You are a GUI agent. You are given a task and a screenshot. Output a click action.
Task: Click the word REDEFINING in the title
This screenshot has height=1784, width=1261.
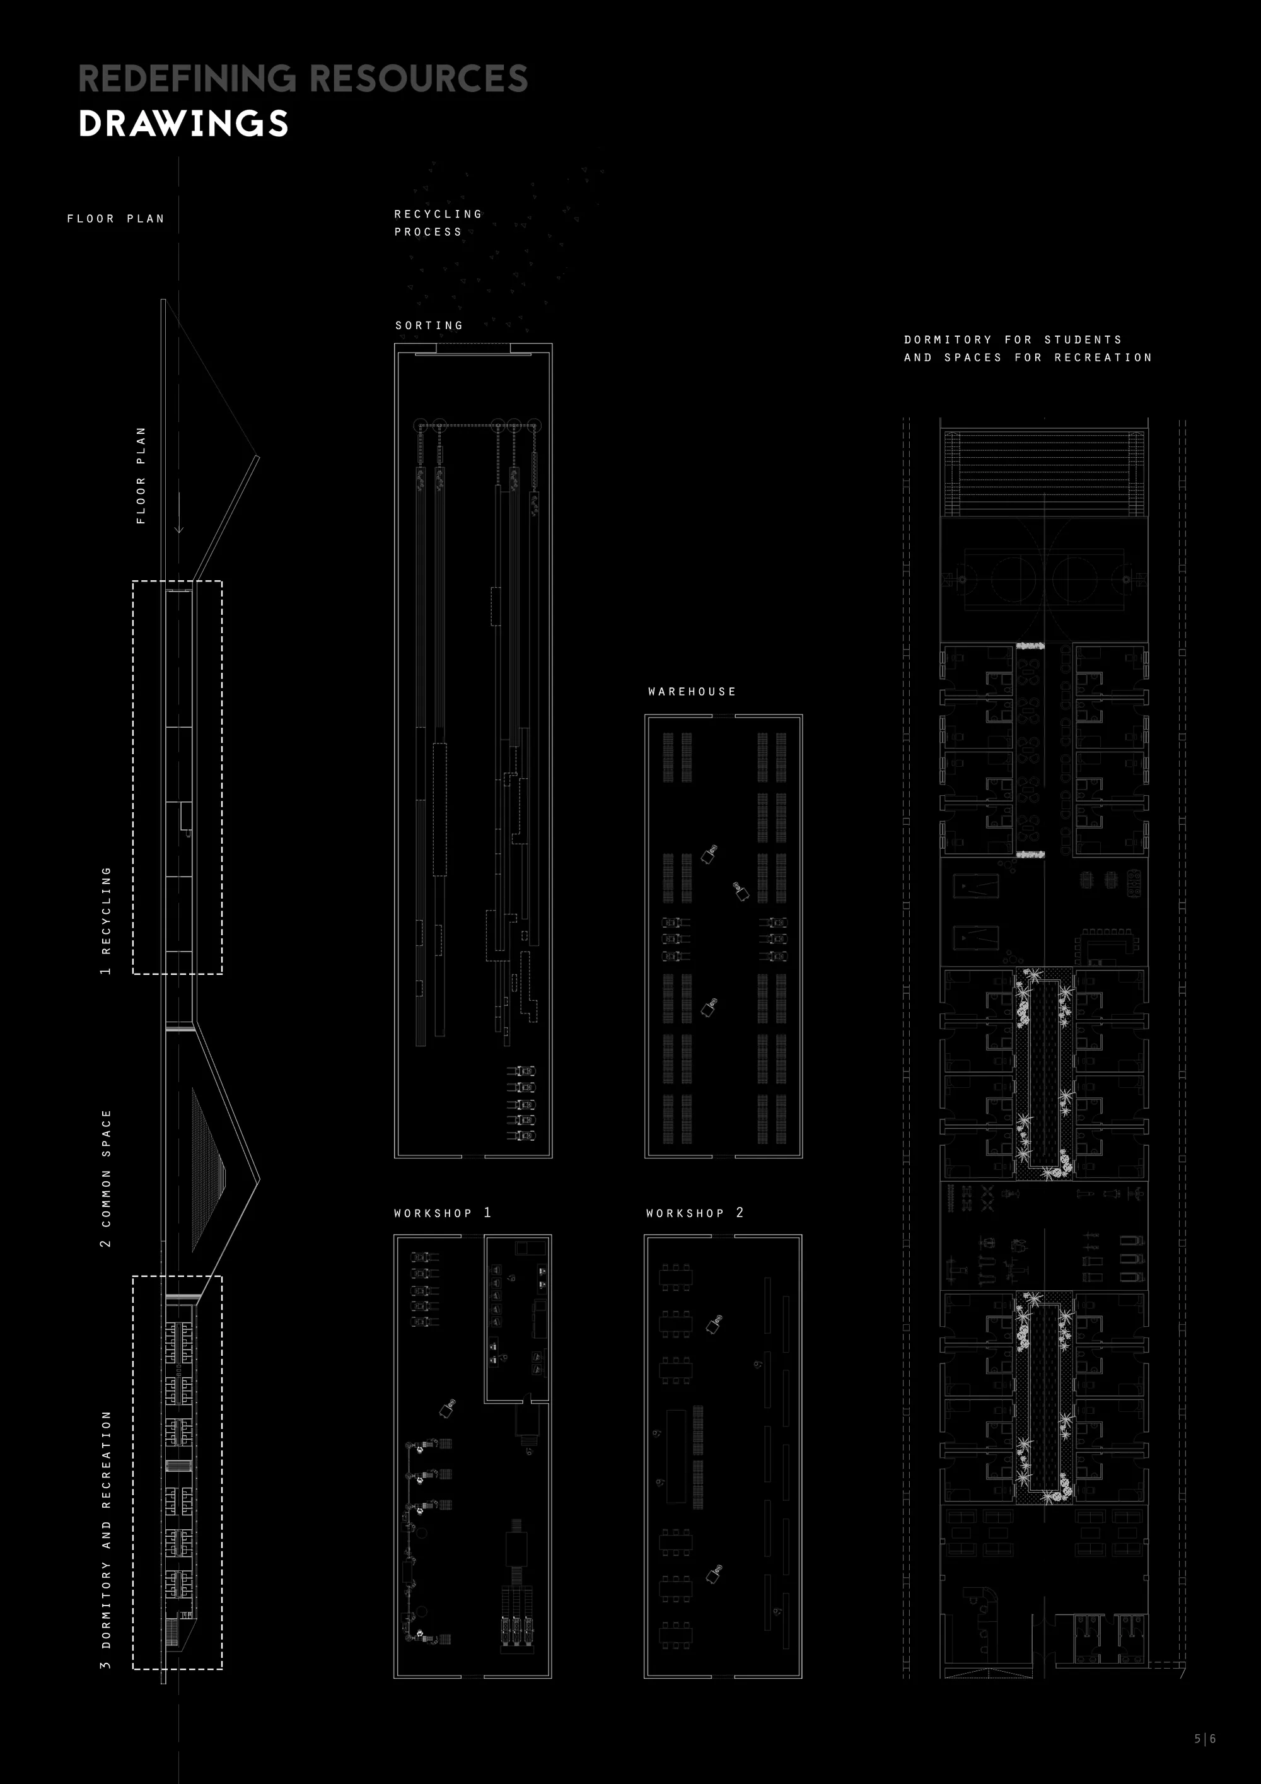pos(187,78)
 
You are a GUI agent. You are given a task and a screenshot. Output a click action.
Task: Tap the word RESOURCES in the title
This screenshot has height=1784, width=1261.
pos(419,78)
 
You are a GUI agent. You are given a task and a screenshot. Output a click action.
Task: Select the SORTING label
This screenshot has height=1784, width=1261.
pos(429,325)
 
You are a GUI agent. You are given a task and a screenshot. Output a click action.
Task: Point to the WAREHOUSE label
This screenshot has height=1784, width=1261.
pos(692,692)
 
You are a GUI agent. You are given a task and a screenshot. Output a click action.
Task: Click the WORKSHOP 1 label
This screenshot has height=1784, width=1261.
pos(442,1213)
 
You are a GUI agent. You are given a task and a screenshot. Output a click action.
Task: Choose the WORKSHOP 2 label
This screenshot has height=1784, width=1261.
pos(695,1213)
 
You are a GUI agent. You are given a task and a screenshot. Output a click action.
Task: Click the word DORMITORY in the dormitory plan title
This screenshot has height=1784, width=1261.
pos(948,339)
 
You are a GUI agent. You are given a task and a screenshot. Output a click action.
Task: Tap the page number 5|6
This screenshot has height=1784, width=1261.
pos(1205,1739)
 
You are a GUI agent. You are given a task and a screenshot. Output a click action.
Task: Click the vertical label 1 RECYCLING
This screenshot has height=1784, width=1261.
pos(106,921)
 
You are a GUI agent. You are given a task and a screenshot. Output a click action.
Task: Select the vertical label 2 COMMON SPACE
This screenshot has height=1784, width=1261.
pos(106,1179)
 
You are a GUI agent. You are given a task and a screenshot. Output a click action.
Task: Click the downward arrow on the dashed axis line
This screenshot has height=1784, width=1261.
pos(178,513)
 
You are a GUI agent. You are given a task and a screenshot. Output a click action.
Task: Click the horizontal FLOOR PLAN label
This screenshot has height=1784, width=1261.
pos(116,219)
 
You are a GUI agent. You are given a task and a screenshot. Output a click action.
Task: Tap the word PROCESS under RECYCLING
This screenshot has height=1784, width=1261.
pos(428,231)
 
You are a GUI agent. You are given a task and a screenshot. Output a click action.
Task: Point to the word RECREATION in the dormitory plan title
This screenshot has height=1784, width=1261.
pos(1103,358)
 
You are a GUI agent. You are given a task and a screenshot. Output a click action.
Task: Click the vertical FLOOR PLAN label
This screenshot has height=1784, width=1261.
pos(141,475)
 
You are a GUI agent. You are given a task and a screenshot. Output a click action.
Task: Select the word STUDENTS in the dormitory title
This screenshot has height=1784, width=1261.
pos(1083,339)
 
